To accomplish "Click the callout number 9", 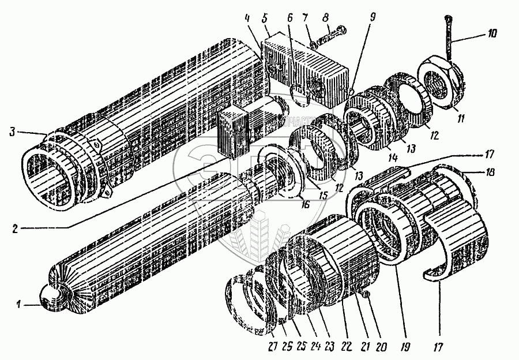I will click(373, 17).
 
